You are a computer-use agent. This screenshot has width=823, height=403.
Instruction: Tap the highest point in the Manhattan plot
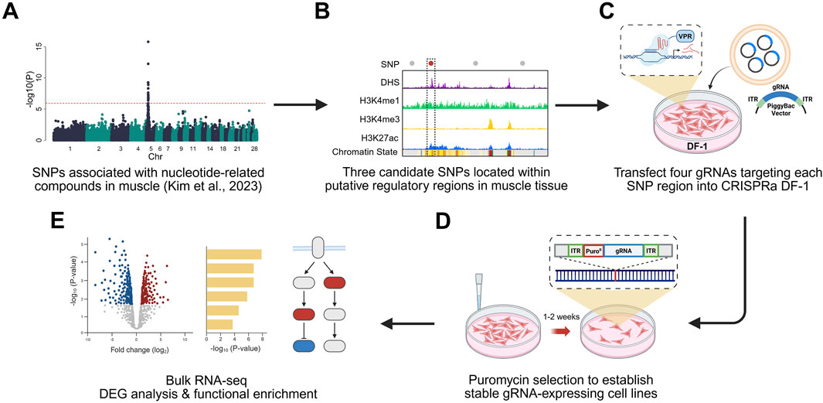(148, 42)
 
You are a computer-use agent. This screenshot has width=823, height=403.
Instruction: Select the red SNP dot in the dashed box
(430, 62)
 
